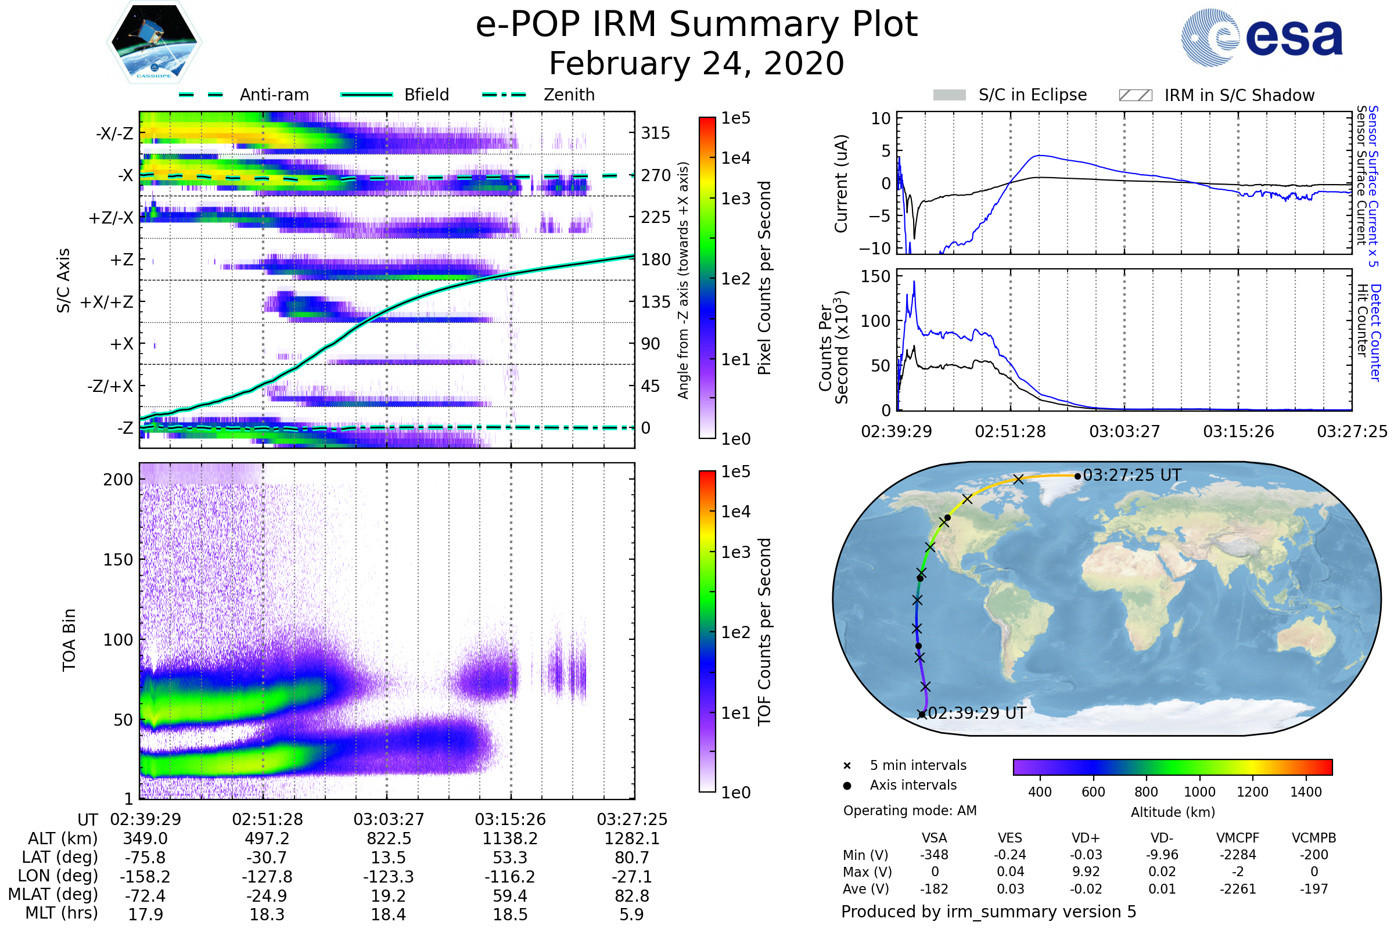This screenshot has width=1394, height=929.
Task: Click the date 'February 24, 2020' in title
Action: point(696,64)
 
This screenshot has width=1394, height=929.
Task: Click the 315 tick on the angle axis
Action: point(655,133)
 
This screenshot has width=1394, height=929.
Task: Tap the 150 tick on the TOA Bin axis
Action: point(118,560)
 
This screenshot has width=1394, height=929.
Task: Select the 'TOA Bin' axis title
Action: point(69,639)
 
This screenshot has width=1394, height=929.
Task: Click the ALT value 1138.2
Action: point(510,838)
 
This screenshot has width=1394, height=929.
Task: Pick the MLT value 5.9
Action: point(631,914)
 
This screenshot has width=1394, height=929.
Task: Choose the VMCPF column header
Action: point(1238,838)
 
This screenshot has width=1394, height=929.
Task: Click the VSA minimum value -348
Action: point(934,855)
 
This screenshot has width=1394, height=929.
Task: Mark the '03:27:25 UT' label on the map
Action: point(1131,475)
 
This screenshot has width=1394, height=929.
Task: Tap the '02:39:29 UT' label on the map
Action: point(977,713)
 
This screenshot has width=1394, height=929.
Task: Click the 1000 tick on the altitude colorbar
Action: point(1199,792)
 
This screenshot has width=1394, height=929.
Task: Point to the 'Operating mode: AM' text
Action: point(910,811)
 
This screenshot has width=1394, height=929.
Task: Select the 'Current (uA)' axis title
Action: point(841,183)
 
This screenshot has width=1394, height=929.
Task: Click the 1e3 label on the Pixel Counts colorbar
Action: point(735,199)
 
